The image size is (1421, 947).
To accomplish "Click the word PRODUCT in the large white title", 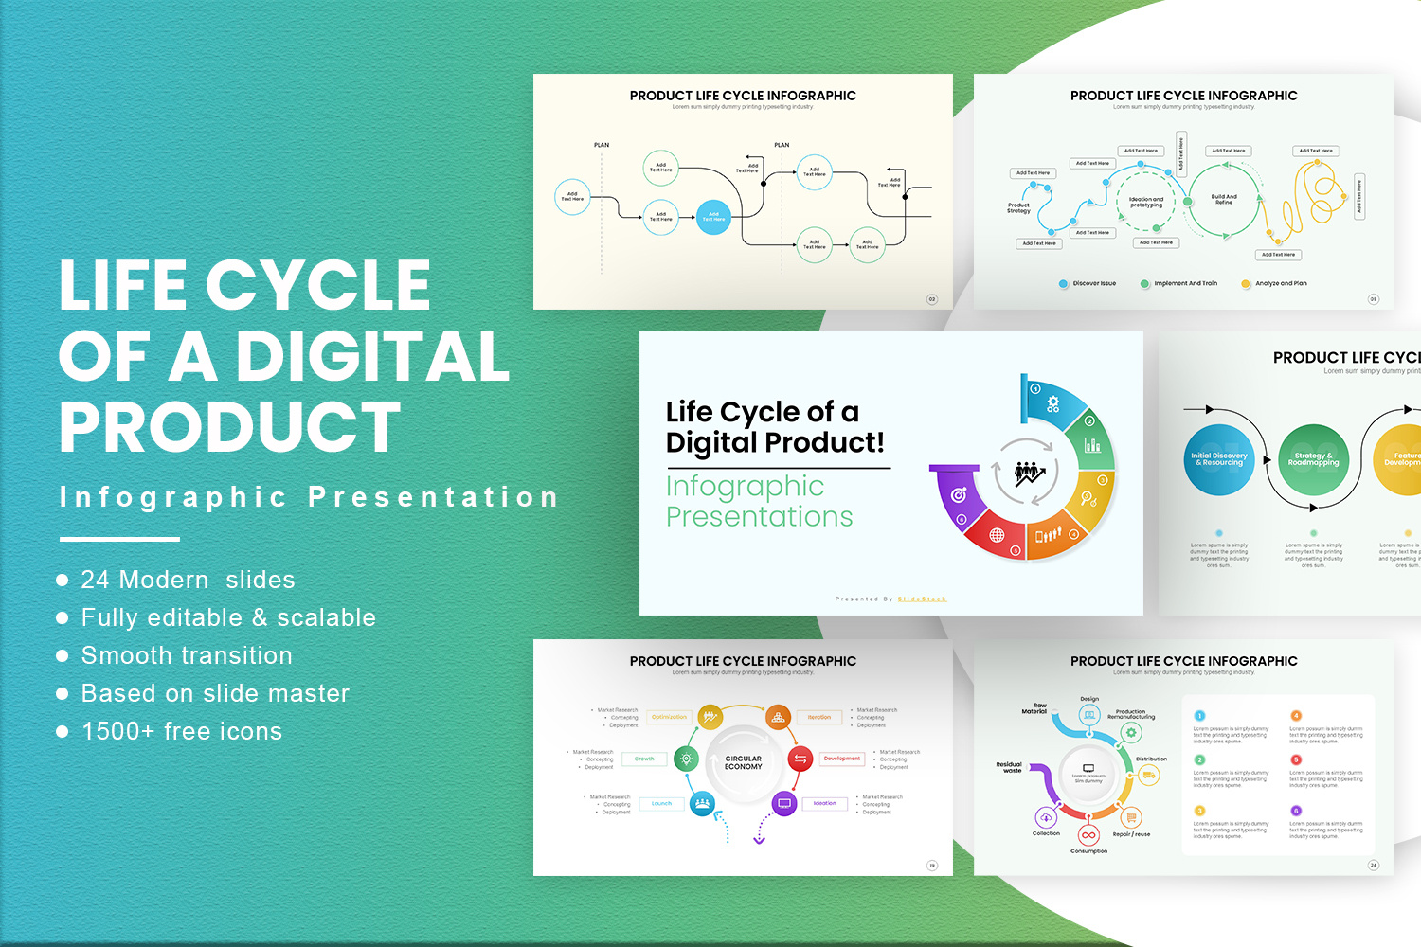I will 230,427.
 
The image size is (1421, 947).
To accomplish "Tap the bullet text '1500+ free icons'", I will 182,731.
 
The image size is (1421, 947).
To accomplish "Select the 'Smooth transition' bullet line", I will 187,655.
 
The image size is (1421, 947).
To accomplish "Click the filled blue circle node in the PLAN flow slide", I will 713,217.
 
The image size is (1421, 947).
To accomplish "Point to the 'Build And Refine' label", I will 1224,199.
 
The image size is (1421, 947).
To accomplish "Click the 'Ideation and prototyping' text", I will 1146,202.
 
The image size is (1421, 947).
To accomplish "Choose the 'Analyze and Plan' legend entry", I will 1280,283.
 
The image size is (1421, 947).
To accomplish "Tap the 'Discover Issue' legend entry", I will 1093,283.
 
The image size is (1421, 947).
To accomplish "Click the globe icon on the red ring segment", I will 997,535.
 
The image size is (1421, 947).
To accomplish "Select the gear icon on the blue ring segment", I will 1053,404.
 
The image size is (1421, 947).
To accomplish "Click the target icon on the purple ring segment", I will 959,494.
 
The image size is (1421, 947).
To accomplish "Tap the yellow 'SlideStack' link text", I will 922,599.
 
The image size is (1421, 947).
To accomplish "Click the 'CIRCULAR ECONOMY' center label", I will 744,762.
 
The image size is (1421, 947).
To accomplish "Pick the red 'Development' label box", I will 841,759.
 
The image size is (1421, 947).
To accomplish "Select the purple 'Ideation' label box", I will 824,803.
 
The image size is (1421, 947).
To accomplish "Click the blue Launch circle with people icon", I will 702,803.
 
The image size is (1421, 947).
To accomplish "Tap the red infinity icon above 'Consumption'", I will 1088,835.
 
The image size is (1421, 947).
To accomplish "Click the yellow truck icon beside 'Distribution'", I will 1149,776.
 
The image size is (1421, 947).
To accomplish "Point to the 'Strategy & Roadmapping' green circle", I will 1313,459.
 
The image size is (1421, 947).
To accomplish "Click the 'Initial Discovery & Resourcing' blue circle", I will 1219,459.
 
